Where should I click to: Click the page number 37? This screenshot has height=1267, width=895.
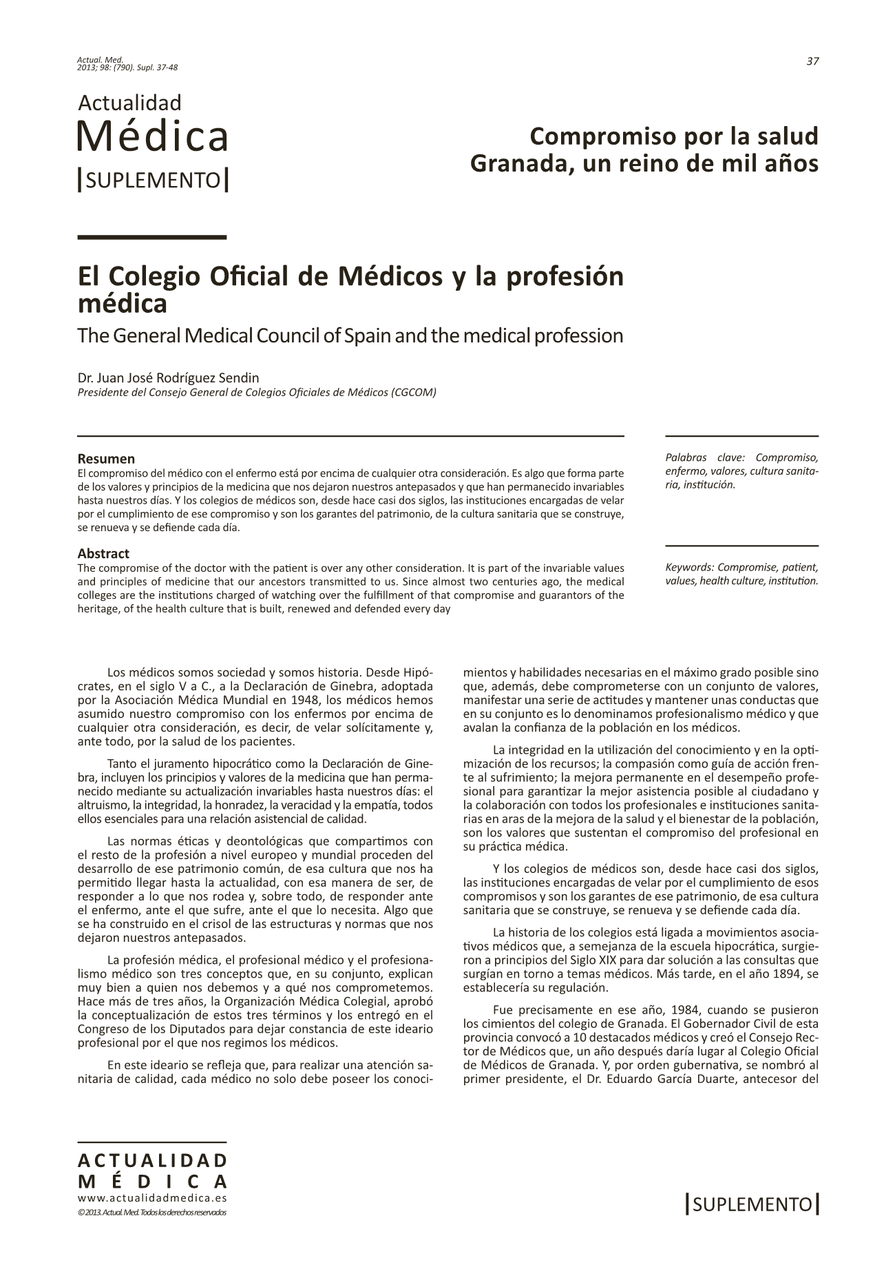pos(812,61)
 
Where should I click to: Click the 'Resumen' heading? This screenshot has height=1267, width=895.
pos(106,459)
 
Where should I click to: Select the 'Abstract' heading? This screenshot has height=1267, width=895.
pos(103,553)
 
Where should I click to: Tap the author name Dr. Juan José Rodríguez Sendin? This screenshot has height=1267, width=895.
pos(169,378)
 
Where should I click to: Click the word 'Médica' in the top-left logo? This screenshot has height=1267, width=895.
pos(152,136)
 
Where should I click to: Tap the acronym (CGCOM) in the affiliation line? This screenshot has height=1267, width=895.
pos(413,393)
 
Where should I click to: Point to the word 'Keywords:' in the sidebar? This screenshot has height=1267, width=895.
pos(689,567)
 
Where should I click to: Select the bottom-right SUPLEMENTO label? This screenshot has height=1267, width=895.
pos(752,1204)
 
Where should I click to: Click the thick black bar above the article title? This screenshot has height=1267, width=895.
pos(152,237)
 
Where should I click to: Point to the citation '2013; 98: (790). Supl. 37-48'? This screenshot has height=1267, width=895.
pos(128,67)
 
